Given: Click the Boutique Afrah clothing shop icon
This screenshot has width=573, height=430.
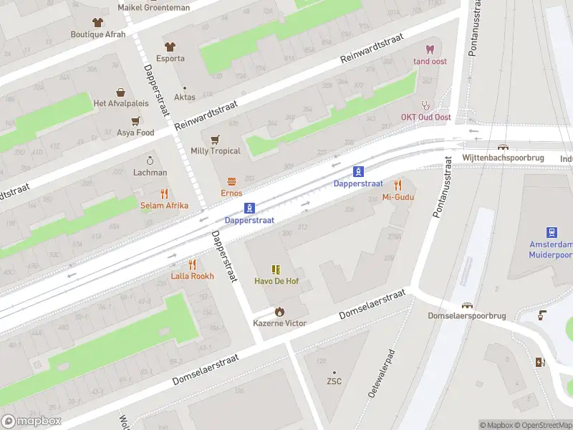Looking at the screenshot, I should pos(97,22).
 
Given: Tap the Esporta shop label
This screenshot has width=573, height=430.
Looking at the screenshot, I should pos(170,58).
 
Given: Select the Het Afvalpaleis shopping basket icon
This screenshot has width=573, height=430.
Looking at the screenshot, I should pos(121,92).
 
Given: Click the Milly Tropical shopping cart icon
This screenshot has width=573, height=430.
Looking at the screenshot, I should pos(215,139).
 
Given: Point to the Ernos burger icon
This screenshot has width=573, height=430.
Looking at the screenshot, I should pos(231,181).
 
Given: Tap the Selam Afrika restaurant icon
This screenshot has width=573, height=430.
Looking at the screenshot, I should pos(164,193).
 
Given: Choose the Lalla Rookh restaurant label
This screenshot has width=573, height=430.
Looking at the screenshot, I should pos(192,276).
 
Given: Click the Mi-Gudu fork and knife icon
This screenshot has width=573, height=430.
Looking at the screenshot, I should pos(399,185).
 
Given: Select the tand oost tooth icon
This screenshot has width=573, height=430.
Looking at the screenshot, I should pos(430,49).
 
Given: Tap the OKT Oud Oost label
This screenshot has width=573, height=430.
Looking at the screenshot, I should pos(425,118).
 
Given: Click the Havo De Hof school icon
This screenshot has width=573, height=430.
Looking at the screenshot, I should pos(276,269).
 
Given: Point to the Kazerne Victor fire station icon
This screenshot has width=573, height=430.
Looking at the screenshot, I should pos(279,312).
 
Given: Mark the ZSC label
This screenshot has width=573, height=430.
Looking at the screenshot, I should pos(333,381).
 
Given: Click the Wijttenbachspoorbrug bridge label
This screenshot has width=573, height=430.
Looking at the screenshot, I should pos(504,157).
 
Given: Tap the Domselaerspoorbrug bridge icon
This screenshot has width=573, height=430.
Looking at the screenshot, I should pos(468,305).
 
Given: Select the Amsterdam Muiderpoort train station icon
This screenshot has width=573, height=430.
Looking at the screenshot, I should pos(552,232).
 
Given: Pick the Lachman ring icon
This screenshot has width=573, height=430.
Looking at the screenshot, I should pos(150,161).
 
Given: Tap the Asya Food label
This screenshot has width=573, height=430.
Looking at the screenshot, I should pos(135,133).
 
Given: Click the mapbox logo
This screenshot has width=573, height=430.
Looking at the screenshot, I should pos(32,421).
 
